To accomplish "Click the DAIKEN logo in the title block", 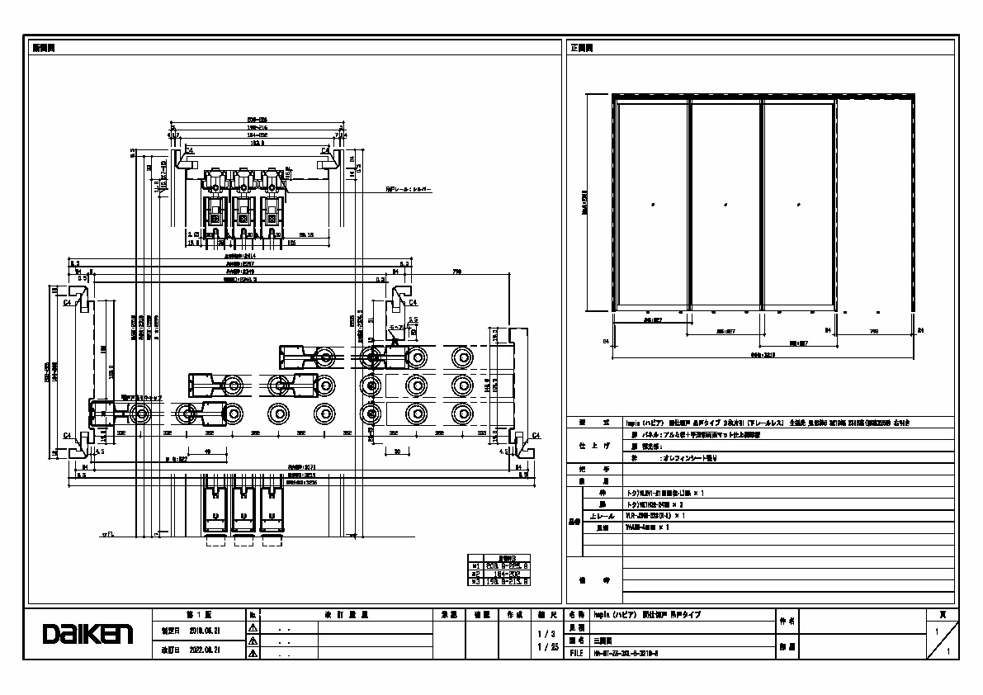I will coord(87,634).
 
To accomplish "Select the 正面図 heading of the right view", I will coord(582,48).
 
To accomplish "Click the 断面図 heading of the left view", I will coord(44,48).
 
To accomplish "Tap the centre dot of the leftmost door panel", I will coord(652,203).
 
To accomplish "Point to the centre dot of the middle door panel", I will coord(725,203).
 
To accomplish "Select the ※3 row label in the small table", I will coord(475,581).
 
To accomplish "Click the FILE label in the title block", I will coord(576,652).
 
